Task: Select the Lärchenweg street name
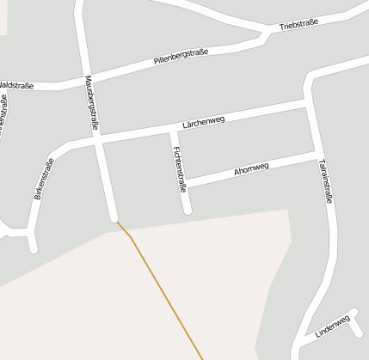point(203,122)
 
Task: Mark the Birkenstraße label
point(42,180)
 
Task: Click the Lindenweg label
point(333,326)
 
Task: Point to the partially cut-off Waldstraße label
point(16,85)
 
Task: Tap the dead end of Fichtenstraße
point(187,209)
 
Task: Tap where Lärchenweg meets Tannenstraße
point(308,103)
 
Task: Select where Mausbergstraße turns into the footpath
point(115,221)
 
